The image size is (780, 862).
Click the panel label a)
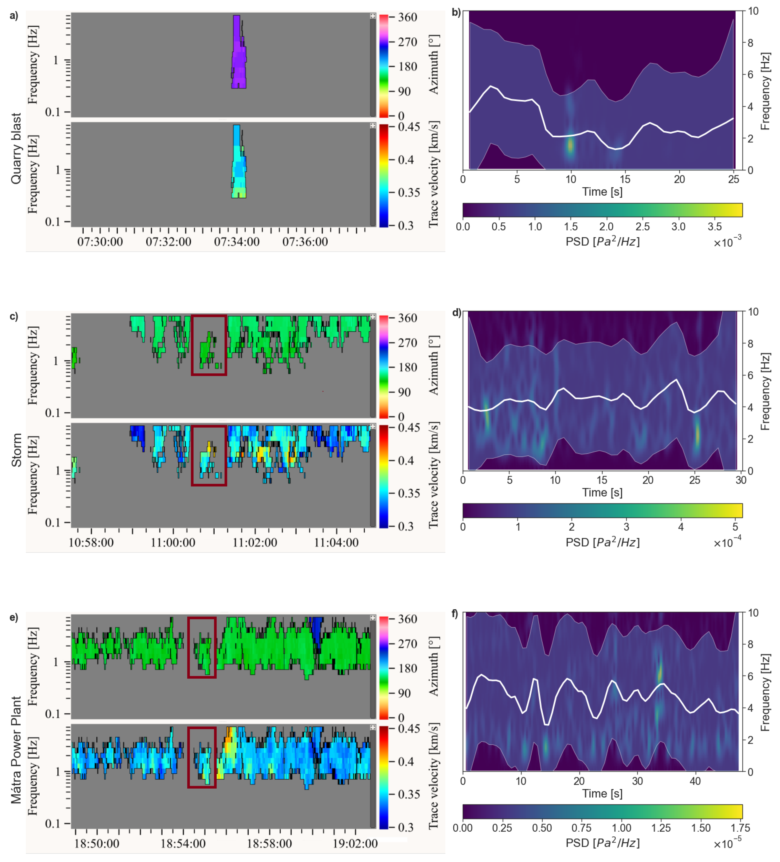(x=14, y=16)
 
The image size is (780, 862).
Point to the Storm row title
(x=16, y=450)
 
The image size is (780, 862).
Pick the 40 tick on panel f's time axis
(x=695, y=781)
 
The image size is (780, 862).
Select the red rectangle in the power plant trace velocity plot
(x=202, y=757)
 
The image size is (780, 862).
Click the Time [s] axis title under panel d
(x=602, y=493)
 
